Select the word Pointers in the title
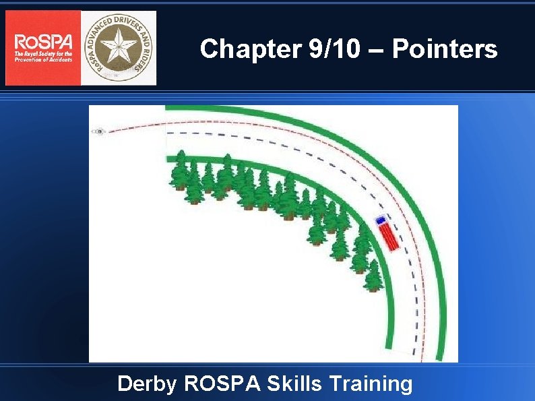point(445,49)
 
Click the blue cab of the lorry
point(381,220)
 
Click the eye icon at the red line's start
point(100,131)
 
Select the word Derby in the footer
point(147,384)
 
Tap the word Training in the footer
point(371,384)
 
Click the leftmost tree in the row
point(180,171)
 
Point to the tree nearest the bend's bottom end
point(373,276)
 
